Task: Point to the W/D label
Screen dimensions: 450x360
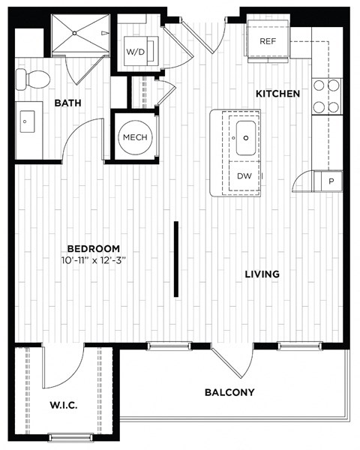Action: click(136, 52)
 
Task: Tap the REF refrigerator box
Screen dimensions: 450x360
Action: click(268, 41)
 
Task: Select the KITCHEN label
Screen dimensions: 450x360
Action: click(278, 94)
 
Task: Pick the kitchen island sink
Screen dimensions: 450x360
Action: click(245, 137)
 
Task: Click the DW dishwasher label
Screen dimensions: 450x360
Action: click(244, 176)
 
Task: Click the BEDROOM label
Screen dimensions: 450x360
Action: click(94, 248)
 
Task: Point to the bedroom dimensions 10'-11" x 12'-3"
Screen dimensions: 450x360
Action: click(94, 260)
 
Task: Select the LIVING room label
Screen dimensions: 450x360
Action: click(262, 274)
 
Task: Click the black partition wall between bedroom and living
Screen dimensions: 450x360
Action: click(176, 258)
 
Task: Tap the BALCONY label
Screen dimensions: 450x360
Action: click(229, 392)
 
